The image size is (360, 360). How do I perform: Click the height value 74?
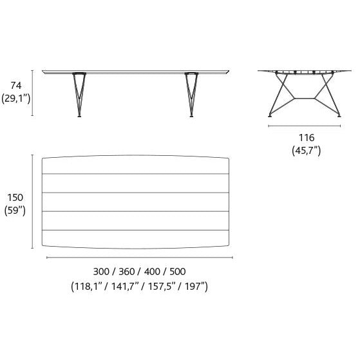(16, 86)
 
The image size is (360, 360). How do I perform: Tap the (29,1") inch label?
(16, 99)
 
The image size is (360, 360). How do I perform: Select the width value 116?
(307, 138)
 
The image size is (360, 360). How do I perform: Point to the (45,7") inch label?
(307, 151)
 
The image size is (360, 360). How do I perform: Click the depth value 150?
(15, 198)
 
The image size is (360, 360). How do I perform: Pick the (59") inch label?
(15, 211)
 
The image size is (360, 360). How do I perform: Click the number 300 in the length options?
(101, 272)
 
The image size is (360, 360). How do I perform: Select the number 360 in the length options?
(126, 272)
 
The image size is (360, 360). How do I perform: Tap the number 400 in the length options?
(152, 272)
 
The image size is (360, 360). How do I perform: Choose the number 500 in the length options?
(178, 272)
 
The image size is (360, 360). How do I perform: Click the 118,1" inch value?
(87, 287)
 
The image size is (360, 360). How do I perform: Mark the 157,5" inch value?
(160, 287)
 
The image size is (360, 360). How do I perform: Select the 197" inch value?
(194, 287)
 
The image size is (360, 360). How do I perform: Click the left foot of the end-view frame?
(270, 116)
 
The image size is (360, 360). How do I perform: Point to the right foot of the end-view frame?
(339, 116)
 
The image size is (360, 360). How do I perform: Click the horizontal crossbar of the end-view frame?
(305, 99)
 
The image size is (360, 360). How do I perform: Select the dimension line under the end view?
(305, 126)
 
